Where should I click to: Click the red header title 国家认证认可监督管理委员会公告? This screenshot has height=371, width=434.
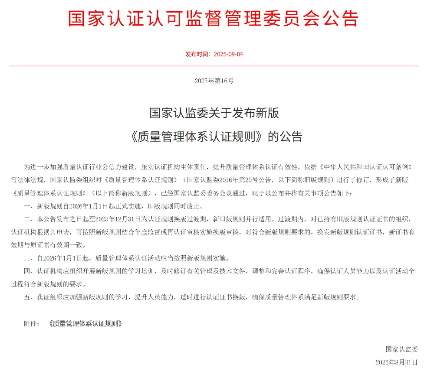click(x=214, y=19)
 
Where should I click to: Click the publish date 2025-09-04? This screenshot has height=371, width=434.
click(x=228, y=54)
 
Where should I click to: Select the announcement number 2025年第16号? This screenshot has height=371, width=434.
click(x=214, y=81)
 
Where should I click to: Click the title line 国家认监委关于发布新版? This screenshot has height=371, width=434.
click(x=214, y=113)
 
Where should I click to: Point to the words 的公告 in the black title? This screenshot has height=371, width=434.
click(x=285, y=137)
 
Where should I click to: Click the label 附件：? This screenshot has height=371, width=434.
click(x=32, y=323)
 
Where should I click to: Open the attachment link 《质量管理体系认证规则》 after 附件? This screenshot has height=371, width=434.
click(x=85, y=323)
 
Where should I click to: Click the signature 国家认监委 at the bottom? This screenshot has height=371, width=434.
click(x=401, y=349)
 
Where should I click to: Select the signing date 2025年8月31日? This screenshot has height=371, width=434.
click(x=396, y=362)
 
